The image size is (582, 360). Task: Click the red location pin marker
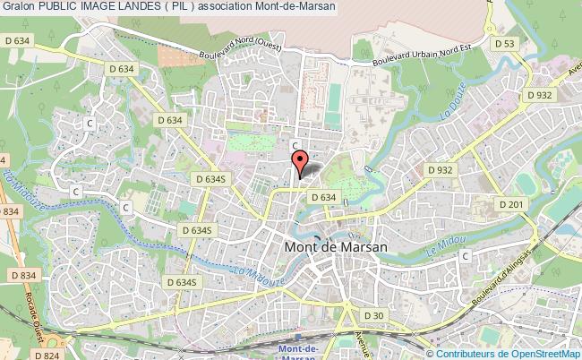(301, 162)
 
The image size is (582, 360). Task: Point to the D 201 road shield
(512, 205)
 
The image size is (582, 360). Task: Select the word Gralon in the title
(18, 7)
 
